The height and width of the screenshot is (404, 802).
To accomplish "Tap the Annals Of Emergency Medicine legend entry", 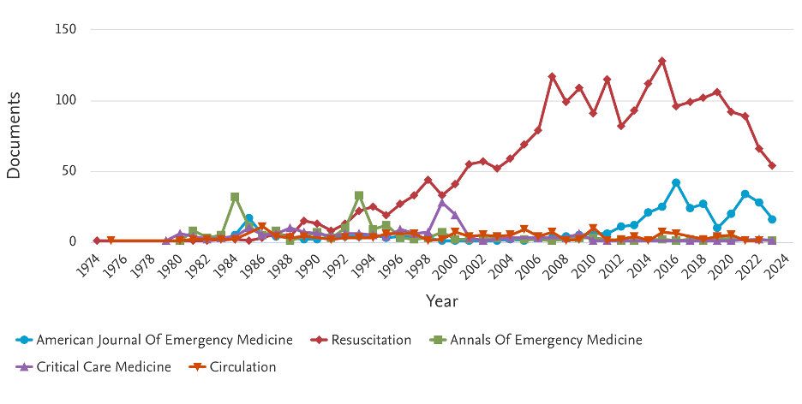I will [544, 340].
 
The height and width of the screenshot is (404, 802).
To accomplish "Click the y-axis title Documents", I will [14, 135].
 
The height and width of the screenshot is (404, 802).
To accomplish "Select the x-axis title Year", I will [442, 300].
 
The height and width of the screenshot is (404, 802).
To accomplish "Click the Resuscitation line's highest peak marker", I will [662, 61].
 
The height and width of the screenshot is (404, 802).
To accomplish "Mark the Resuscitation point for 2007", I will [552, 76].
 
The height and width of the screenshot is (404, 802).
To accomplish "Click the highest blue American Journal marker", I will [676, 182].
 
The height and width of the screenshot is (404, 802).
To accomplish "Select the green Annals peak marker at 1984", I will [235, 197].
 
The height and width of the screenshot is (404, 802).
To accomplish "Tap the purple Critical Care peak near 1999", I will [442, 203].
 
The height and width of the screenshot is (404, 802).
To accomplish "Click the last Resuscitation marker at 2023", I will [772, 165].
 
